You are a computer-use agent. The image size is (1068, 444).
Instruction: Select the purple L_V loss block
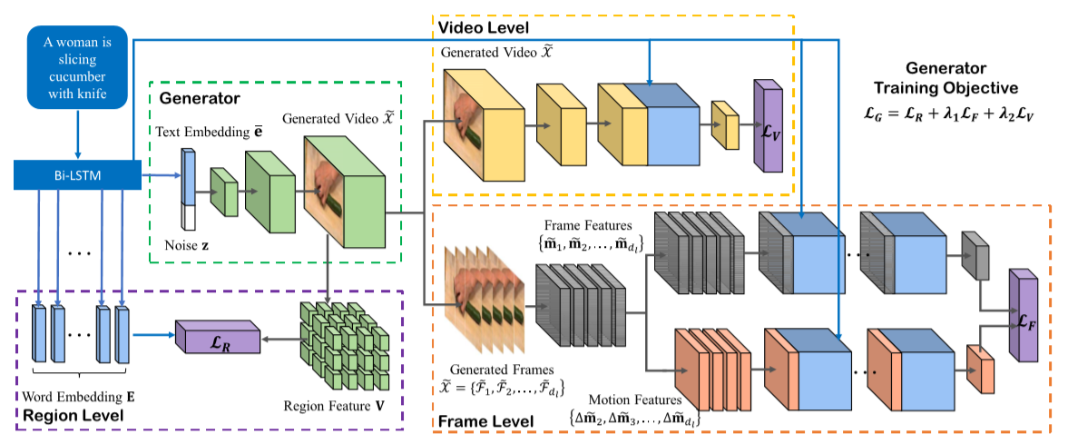767,125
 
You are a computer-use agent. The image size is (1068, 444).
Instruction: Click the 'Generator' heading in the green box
199,97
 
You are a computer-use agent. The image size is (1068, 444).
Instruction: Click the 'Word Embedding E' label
83,397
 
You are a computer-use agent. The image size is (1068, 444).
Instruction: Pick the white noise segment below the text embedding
189,219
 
